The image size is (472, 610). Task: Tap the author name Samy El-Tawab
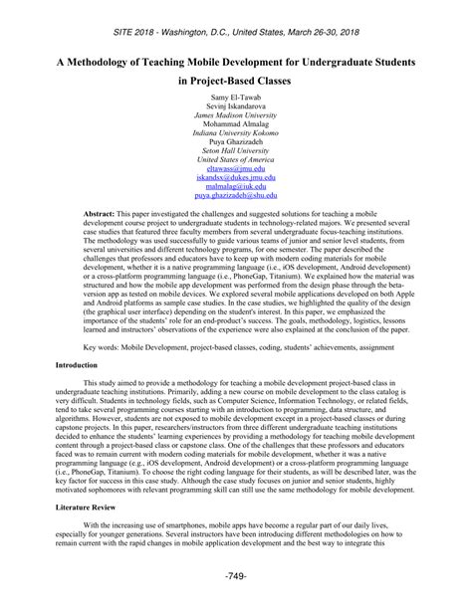point(236,102)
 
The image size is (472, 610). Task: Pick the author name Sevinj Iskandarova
point(236,112)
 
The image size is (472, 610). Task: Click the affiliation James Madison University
point(236,121)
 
